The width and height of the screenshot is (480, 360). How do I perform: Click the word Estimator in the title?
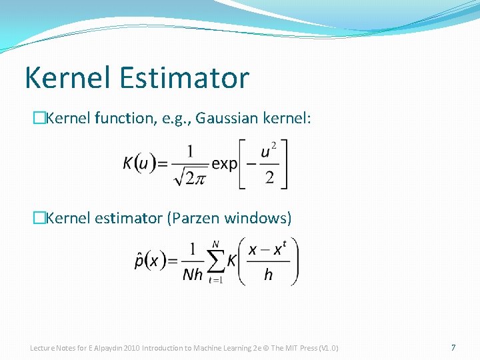pyautogui.click(x=185, y=77)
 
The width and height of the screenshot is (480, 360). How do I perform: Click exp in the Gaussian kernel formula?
pyautogui.click(x=225, y=164)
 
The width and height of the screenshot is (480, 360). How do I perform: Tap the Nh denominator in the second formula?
pyautogui.click(x=193, y=275)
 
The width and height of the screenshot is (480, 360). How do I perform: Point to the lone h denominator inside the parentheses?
pyautogui.click(x=268, y=275)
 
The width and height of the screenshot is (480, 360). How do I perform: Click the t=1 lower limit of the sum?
pyautogui.click(x=214, y=281)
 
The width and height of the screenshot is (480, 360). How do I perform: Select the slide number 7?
pyautogui.click(x=453, y=348)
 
